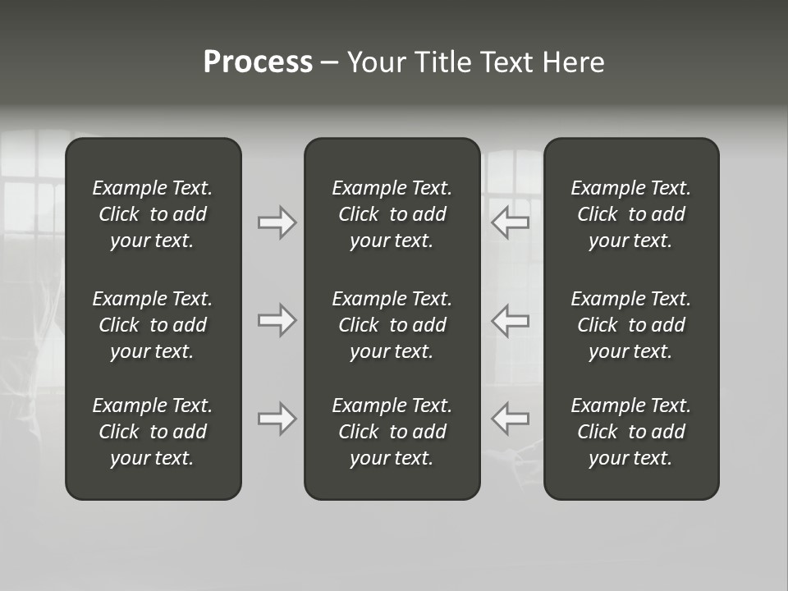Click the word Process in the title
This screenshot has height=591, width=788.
click(x=258, y=62)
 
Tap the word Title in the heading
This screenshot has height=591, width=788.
click(x=440, y=62)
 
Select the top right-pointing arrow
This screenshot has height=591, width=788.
click(x=277, y=222)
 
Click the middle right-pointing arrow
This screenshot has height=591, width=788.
click(x=277, y=320)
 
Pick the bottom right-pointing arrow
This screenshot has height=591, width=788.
click(x=277, y=419)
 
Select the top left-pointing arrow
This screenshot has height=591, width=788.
click(x=510, y=222)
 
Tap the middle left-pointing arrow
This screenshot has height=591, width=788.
click(x=510, y=320)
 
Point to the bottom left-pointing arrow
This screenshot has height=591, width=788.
click(x=510, y=419)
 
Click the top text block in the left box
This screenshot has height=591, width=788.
click(x=153, y=214)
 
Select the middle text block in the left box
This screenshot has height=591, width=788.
click(x=153, y=325)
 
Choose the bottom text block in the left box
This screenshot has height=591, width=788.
click(x=153, y=432)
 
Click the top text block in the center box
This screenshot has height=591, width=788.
click(x=392, y=214)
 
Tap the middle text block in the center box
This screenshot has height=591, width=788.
click(x=392, y=325)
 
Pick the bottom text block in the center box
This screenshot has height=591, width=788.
click(x=392, y=432)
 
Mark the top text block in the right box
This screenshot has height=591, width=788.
click(x=630, y=214)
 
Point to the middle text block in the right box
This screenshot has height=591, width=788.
click(x=630, y=325)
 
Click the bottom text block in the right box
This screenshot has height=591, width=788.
click(x=630, y=432)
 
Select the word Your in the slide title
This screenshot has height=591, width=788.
click(x=377, y=62)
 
